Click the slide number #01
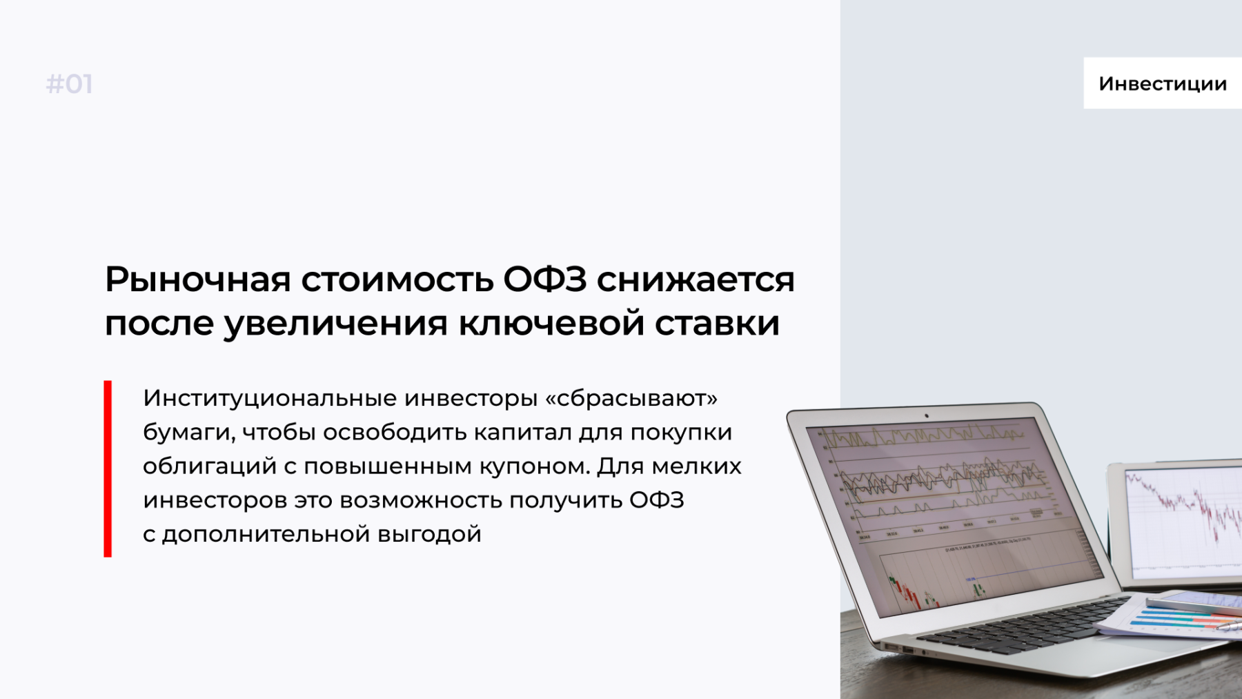[69, 84]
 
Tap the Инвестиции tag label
[1163, 83]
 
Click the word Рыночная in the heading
[198, 279]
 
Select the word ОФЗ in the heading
[545, 279]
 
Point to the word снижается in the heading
[696, 279]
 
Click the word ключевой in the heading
[551, 324]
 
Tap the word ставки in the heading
[718, 324]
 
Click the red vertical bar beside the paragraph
[108, 469]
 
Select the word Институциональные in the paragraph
[270, 398]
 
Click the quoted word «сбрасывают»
[631, 398]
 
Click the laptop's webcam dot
[927, 416]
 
